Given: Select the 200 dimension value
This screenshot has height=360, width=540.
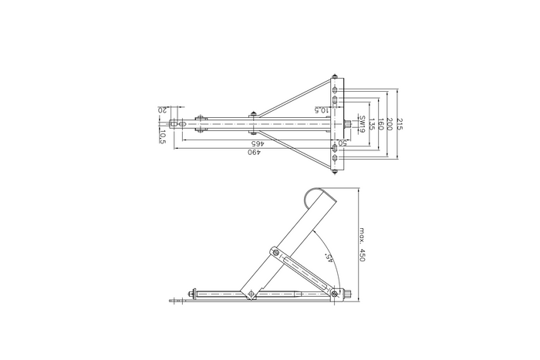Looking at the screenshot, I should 390,123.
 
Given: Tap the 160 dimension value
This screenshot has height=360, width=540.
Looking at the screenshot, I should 380,123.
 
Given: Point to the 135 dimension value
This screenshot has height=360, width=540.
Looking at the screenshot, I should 370,123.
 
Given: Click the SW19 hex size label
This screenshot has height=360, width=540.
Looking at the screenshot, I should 361,123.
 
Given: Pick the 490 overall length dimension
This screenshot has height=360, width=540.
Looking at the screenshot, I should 252,153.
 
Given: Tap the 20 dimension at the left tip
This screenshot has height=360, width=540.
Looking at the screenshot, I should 163,109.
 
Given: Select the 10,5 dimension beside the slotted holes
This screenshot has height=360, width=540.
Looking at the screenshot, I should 322,110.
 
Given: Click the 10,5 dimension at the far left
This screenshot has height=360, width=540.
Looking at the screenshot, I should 163,136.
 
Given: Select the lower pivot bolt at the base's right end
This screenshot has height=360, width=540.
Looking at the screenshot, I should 333,292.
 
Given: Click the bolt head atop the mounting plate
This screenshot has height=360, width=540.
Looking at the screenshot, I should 334,77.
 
